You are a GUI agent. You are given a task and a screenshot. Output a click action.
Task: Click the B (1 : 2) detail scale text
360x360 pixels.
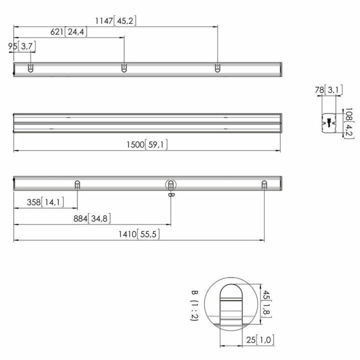coord(194,305)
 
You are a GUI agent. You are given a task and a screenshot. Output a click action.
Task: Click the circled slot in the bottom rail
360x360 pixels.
coord(170,185)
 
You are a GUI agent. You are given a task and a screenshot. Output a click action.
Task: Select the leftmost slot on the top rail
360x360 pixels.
coord(30,68)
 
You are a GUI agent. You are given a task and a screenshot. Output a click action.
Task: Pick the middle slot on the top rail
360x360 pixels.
coord(124,68)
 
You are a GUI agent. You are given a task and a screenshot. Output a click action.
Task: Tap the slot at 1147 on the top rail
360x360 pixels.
coord(217,68)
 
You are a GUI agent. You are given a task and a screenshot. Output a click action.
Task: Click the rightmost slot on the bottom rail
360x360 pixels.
coord(264,185)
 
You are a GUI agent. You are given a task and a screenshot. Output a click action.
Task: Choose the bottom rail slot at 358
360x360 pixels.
coord(77,185)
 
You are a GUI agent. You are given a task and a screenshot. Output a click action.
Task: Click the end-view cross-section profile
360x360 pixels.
coord(329,123)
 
